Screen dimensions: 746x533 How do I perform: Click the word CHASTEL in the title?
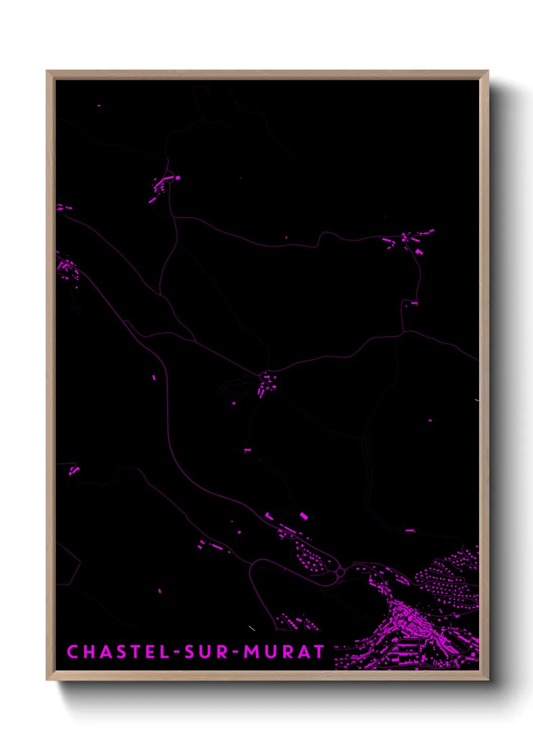(x=119, y=652)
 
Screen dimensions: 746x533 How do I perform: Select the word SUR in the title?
(x=206, y=652)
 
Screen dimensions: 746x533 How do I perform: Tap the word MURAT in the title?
(x=284, y=652)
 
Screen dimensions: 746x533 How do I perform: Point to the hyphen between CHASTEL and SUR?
(x=177, y=652)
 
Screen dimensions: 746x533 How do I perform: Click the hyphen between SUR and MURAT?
(x=235, y=652)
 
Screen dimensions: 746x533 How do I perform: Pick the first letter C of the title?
(x=72, y=652)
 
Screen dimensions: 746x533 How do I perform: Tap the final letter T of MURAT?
(x=318, y=652)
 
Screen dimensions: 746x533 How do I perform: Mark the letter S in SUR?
(x=190, y=652)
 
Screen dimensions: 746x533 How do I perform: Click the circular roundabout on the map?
(x=340, y=572)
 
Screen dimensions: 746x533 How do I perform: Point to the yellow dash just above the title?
(x=252, y=628)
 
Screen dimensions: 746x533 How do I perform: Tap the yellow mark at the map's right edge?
(x=477, y=400)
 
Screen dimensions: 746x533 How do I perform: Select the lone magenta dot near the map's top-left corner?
(x=99, y=106)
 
